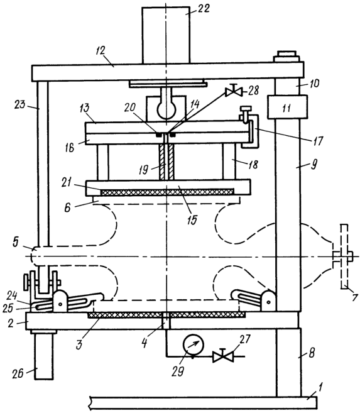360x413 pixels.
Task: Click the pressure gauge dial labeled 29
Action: pyautogui.click(x=194, y=345)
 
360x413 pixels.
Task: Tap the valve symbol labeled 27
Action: pyautogui.click(x=223, y=356)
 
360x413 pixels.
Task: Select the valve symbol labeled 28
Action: pyautogui.click(x=233, y=91)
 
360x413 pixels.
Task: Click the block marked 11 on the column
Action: pyautogui.click(x=287, y=107)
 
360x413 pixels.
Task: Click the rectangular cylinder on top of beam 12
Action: pyautogui.click(x=166, y=35)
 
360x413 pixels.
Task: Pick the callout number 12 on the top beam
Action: pyautogui.click(x=101, y=51)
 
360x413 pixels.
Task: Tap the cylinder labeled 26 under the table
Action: pyautogui.click(x=44, y=356)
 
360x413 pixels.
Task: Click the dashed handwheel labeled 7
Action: pyautogui.click(x=344, y=256)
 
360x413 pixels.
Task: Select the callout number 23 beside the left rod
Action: pyautogui.click(x=20, y=104)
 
